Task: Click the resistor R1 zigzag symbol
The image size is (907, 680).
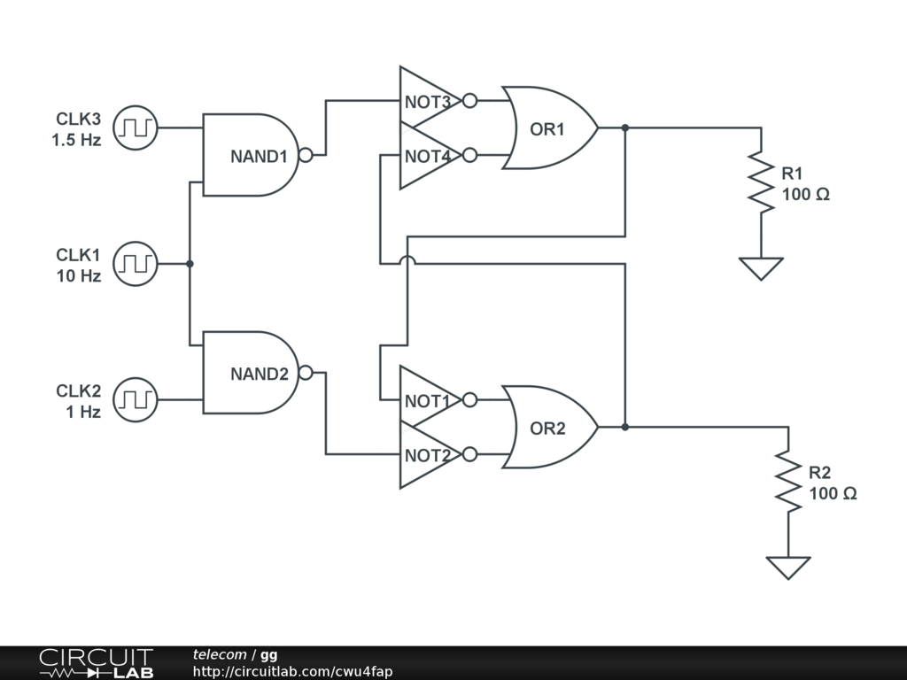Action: [761, 182]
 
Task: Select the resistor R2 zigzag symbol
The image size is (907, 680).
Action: [788, 482]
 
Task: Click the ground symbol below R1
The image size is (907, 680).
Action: [761, 269]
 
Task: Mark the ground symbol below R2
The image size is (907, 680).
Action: [788, 568]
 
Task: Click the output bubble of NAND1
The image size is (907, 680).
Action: [306, 155]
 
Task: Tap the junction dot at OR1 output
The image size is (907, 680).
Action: [625, 127]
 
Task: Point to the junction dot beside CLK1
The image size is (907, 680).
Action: [190, 264]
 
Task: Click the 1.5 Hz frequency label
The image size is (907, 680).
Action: [76, 140]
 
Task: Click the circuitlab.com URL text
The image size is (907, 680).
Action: [292, 671]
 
